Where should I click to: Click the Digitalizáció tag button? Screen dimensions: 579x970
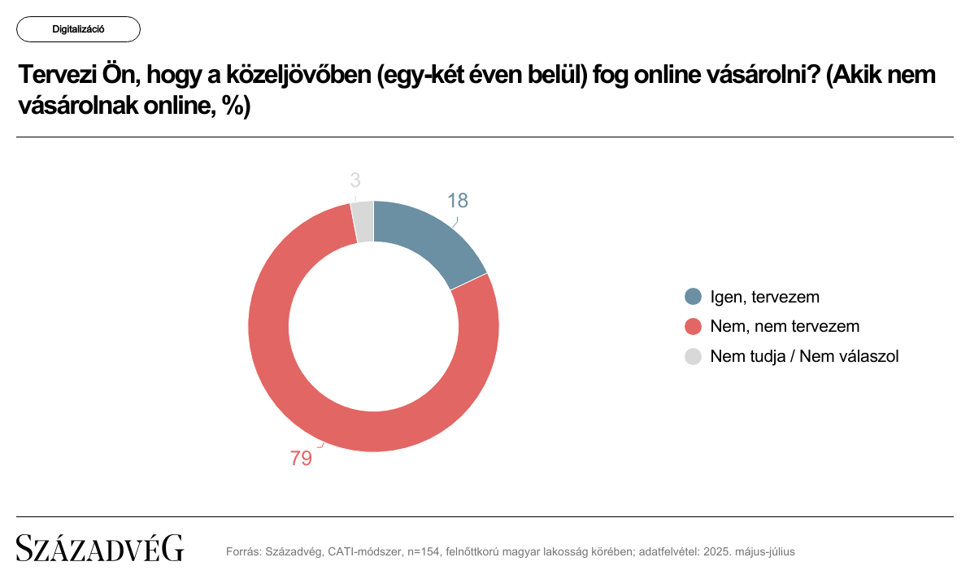tap(78, 29)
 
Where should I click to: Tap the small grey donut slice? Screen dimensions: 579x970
tap(363, 221)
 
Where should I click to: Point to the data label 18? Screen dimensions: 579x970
tap(458, 201)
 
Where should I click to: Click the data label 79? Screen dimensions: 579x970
tap(301, 459)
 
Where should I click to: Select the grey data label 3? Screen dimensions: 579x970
tap(355, 181)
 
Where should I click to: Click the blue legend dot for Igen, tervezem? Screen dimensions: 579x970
tap(694, 297)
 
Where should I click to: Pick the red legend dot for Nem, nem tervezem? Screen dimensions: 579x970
tap(694, 326)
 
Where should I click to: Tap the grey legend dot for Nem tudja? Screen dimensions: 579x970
tap(694, 355)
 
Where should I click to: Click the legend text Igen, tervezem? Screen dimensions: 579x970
tap(764, 297)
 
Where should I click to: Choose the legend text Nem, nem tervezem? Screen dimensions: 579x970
tap(785, 326)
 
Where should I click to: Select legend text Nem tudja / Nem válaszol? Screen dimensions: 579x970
tap(804, 355)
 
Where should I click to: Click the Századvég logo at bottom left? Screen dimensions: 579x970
tap(100, 549)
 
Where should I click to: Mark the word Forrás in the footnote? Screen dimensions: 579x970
tap(243, 551)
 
